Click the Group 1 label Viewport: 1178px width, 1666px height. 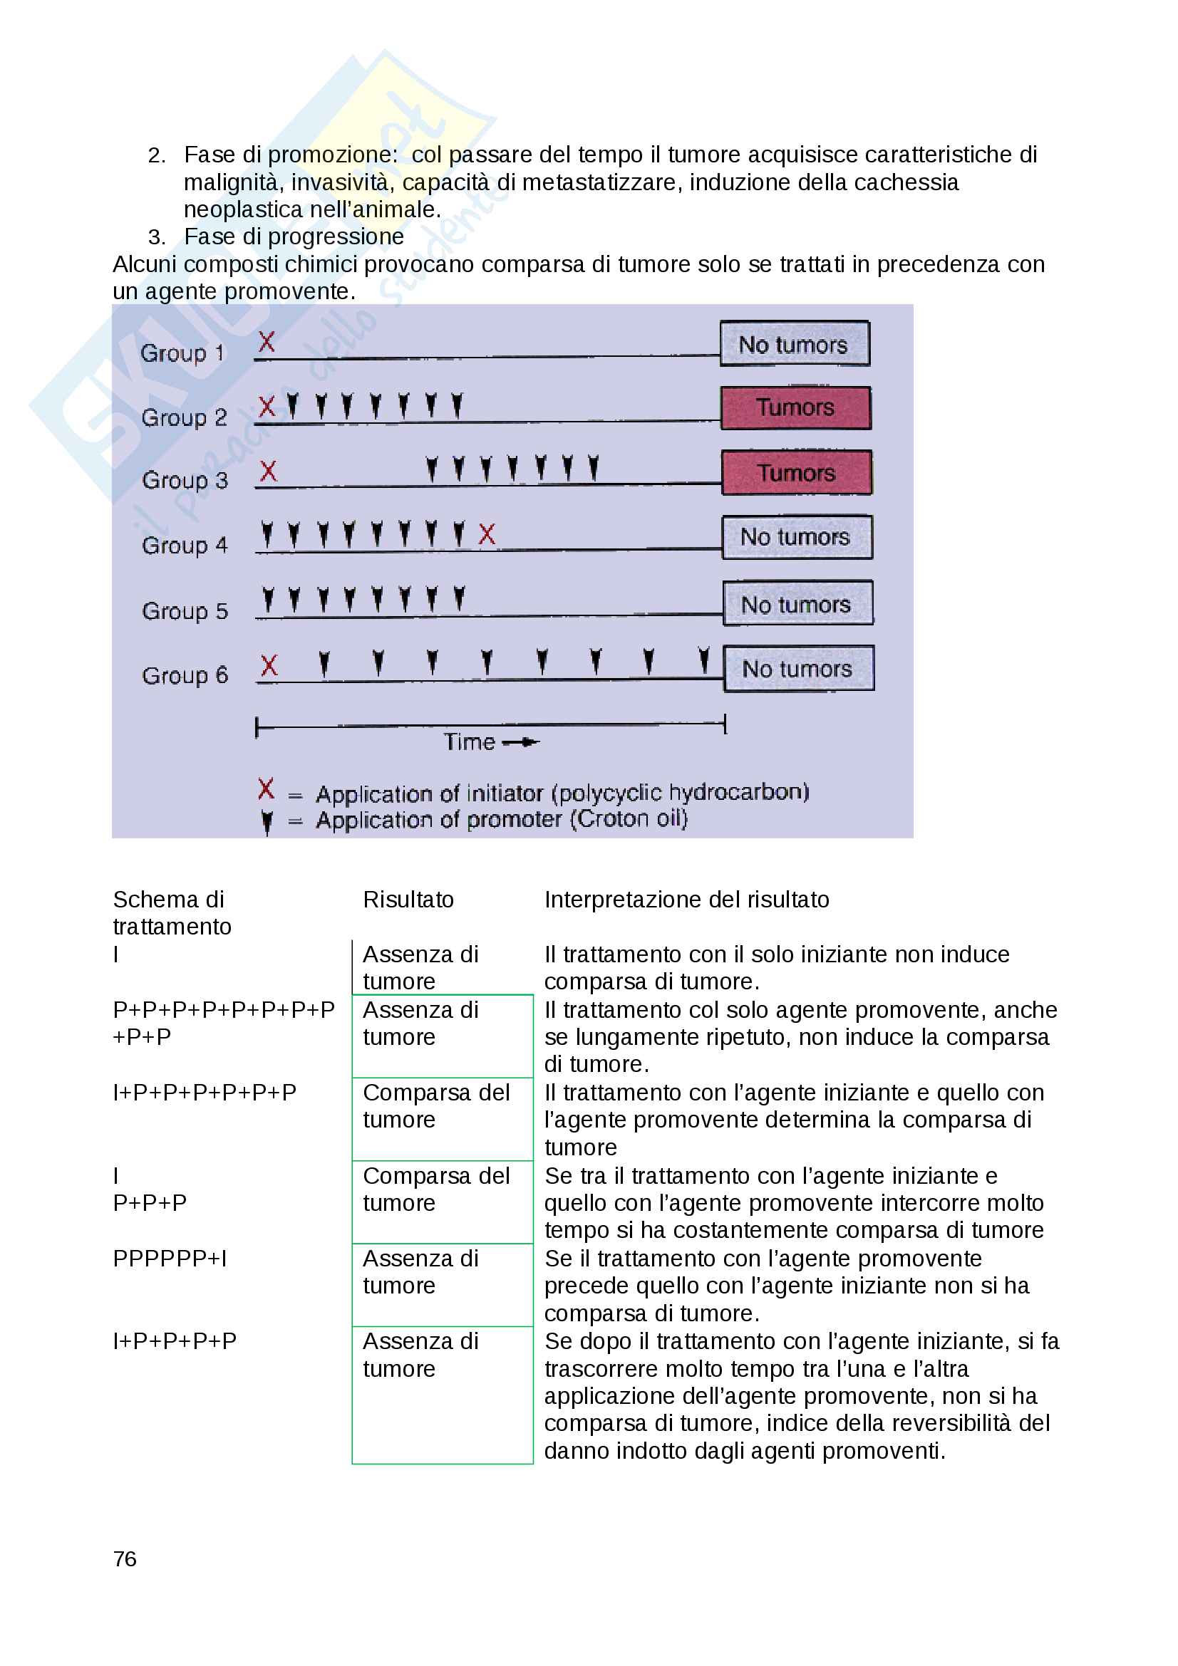tap(182, 353)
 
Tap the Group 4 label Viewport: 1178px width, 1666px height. tap(185, 545)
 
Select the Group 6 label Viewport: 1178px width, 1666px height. tap(185, 675)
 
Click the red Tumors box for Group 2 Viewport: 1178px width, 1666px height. tap(795, 408)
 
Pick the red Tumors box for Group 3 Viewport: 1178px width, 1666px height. tap(796, 473)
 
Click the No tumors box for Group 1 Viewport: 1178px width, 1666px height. tap(794, 344)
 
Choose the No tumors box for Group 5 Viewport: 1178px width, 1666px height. tap(797, 604)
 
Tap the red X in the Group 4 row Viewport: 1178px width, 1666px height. tap(487, 534)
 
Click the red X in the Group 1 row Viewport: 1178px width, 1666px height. tap(267, 342)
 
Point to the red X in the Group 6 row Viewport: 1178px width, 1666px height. tap(269, 665)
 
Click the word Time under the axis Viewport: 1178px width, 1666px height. tap(469, 742)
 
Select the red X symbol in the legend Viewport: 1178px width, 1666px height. tap(267, 788)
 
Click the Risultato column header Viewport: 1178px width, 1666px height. tap(408, 900)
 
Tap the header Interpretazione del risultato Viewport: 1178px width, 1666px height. tap(686, 900)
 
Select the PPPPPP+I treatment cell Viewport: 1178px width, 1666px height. tap(170, 1259)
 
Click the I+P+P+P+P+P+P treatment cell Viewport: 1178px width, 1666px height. tap(205, 1093)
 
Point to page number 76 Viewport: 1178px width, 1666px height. tap(125, 1558)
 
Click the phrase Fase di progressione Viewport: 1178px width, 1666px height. tap(293, 236)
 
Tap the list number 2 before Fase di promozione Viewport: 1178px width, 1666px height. tap(156, 155)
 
